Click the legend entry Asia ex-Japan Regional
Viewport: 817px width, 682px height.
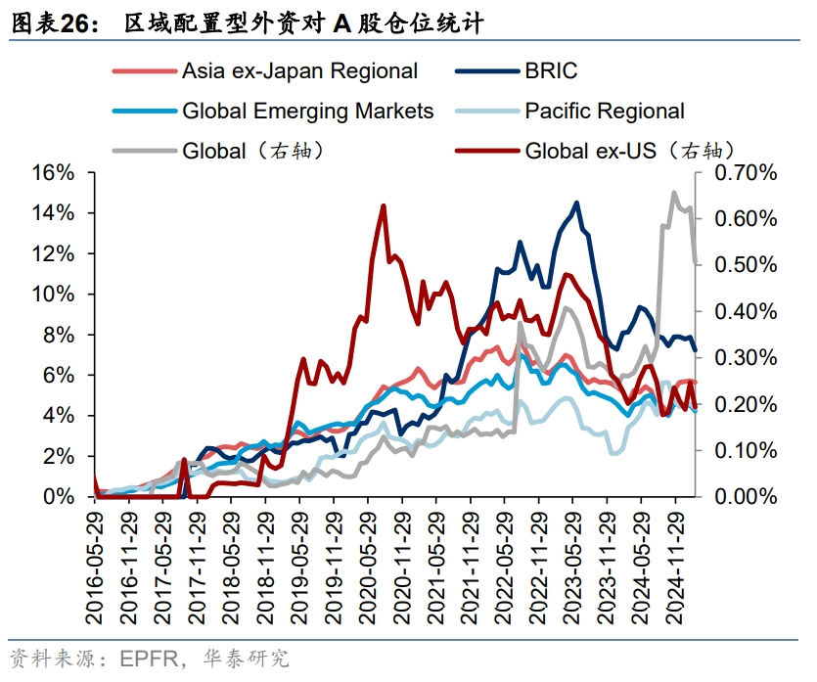pyautogui.click(x=299, y=70)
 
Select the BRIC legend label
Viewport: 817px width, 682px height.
pyautogui.click(x=551, y=70)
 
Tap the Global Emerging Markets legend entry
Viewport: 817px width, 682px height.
pyautogui.click(x=307, y=111)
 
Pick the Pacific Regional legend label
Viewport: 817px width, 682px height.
pyautogui.click(x=604, y=111)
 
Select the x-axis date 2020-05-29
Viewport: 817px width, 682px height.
pyautogui.click(x=368, y=568)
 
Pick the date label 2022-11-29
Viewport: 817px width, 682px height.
pyautogui.click(x=539, y=568)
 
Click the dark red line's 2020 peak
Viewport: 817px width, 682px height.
pyautogui.click(x=383, y=206)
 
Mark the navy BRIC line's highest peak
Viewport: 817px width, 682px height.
pyautogui.click(x=576, y=204)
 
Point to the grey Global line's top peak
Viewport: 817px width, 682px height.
pyautogui.click(x=673, y=193)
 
